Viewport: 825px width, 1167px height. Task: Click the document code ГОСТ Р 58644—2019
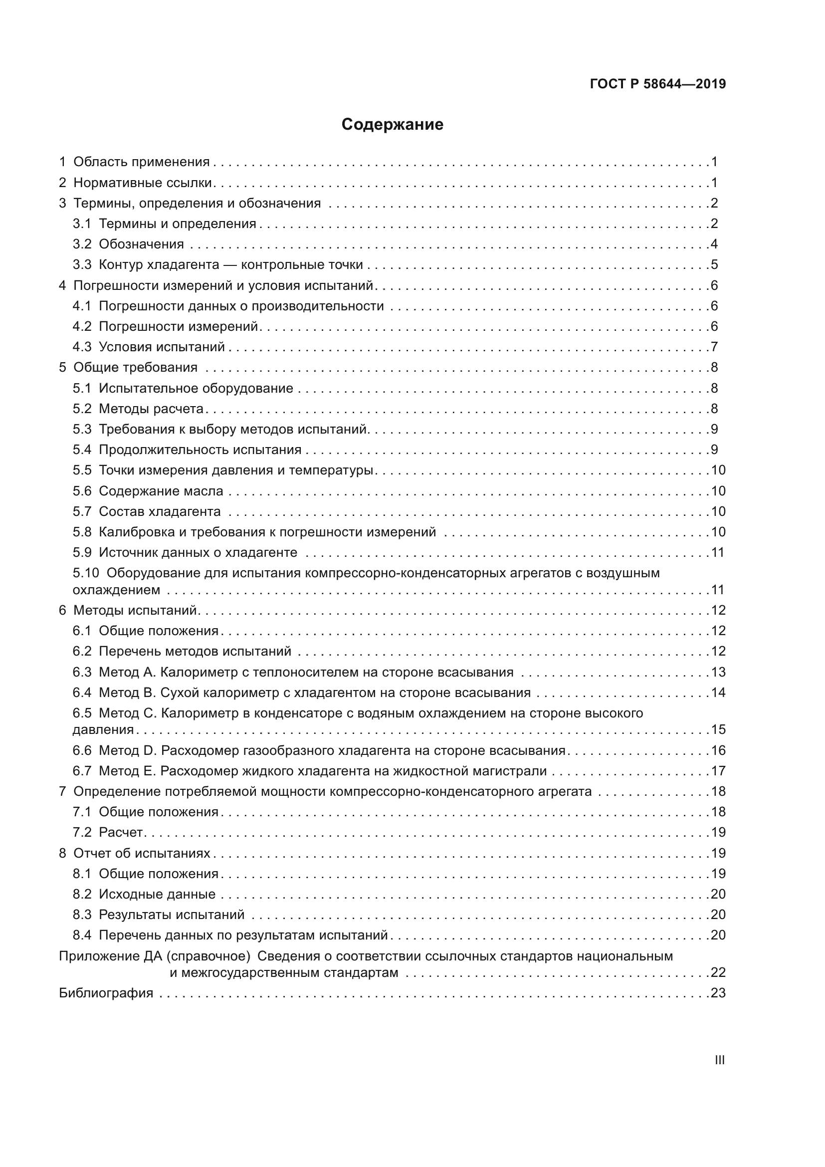(657, 84)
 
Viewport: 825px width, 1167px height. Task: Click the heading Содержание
(392, 124)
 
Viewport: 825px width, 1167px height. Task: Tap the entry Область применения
(141, 162)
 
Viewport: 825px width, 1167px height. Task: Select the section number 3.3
(82, 265)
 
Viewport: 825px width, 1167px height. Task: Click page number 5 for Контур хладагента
(714, 265)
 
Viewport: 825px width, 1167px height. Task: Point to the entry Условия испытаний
(162, 347)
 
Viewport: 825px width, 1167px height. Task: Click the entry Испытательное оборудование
(196, 388)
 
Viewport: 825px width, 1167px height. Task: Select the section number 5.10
(85, 573)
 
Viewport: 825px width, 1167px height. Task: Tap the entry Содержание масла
(161, 491)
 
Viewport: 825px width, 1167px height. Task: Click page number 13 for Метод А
(718, 672)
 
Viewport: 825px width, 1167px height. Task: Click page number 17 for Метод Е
(718, 770)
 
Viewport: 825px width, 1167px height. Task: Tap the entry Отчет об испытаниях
(141, 853)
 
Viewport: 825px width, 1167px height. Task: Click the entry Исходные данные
(157, 894)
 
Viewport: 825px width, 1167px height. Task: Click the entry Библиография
(106, 993)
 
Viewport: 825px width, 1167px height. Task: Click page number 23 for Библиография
(718, 993)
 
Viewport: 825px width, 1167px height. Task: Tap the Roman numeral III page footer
(719, 1060)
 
